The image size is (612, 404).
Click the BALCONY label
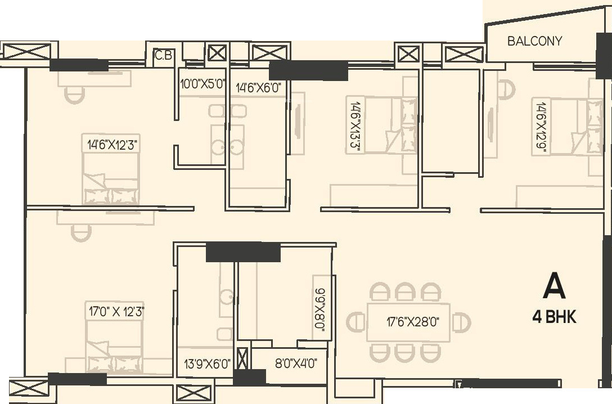534,41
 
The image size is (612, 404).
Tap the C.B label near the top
164,56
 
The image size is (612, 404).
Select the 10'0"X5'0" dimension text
202,85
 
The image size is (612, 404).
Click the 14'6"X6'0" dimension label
258,87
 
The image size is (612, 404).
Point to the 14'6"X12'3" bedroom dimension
111,145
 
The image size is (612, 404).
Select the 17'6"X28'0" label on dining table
412,322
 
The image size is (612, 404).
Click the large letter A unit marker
553,286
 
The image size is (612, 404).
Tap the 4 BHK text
554,317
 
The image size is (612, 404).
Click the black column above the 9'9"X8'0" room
243,252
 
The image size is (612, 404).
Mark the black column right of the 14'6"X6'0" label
308,71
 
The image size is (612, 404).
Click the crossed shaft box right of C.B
217,53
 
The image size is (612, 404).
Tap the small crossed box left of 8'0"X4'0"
242,359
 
